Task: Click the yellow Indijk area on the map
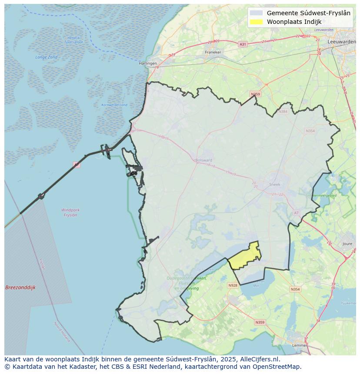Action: click(245, 258)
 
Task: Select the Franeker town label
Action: click(213, 52)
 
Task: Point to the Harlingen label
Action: click(148, 63)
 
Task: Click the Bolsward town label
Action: click(203, 160)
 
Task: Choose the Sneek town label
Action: click(275, 184)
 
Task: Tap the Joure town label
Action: click(347, 245)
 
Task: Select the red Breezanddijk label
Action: click(20, 288)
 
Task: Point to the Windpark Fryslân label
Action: click(70, 212)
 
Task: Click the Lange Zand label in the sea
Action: click(47, 57)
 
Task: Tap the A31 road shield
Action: click(243, 44)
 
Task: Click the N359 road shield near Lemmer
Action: click(260, 322)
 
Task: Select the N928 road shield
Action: click(233, 285)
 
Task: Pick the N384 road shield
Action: click(283, 112)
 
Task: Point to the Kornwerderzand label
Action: click(114, 105)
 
